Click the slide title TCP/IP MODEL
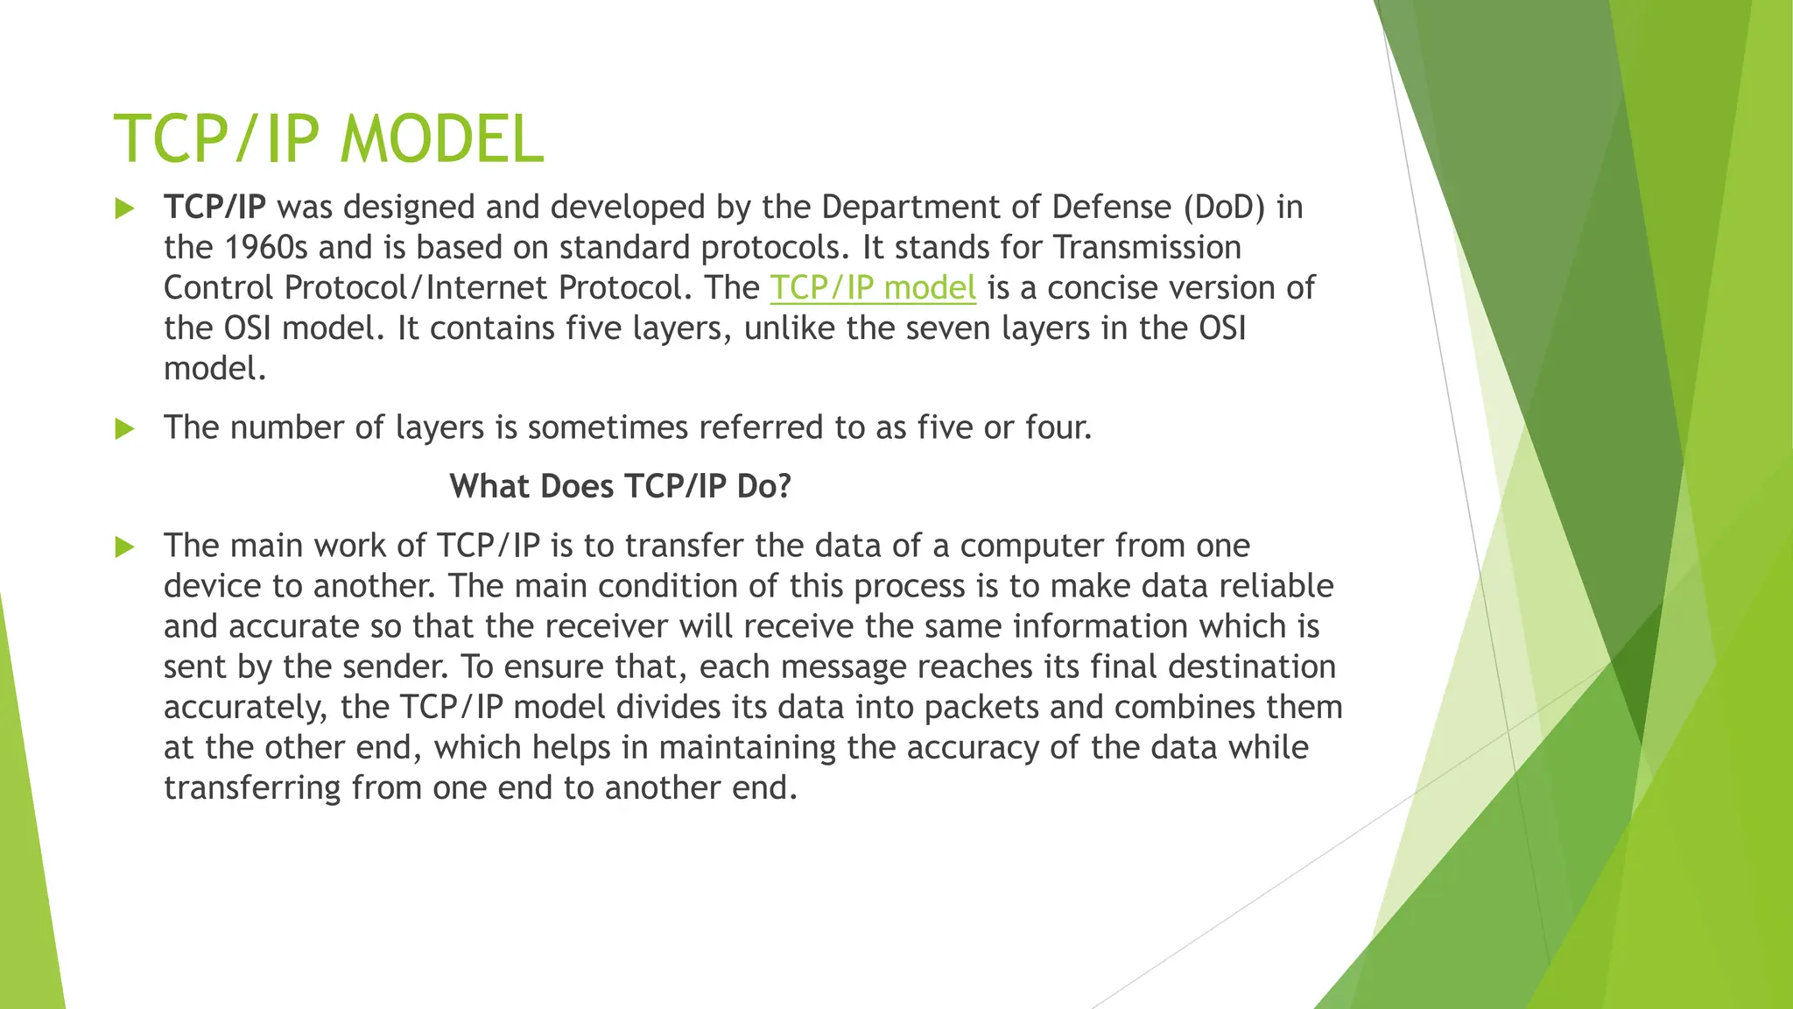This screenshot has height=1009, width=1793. [329, 139]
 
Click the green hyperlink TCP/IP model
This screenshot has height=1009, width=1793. [873, 288]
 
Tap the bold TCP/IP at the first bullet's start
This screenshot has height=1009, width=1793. [214, 208]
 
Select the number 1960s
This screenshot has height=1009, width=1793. [266, 248]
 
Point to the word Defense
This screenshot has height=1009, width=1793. [1112, 208]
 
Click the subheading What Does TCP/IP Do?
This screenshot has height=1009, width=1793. [620, 486]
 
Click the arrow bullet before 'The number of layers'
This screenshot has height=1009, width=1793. [125, 429]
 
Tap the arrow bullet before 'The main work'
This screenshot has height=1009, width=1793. [125, 547]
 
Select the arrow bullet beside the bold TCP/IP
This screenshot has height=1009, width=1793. [125, 209]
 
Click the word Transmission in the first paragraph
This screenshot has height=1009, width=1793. [1147, 248]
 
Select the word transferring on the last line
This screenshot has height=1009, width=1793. [252, 788]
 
